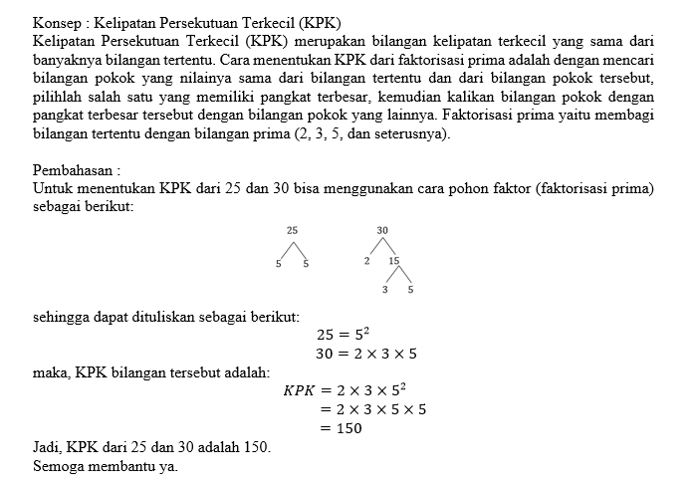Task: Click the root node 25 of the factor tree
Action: tap(292, 230)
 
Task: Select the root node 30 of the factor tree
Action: tap(383, 230)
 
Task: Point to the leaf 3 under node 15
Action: tap(384, 290)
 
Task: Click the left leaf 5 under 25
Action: tap(279, 264)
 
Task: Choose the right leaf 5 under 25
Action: tap(306, 264)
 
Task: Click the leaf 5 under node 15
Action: tap(410, 290)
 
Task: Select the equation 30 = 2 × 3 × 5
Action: tap(366, 354)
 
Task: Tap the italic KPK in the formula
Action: tap(299, 390)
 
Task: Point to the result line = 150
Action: tap(341, 428)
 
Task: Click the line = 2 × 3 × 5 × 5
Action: tap(372, 409)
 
